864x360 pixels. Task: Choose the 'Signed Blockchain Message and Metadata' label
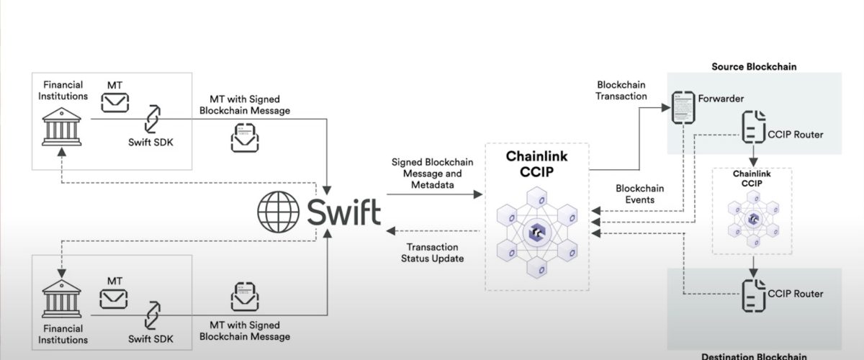pos(432,174)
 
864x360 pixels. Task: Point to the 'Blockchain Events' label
pos(639,194)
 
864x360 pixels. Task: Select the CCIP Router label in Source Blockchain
pos(796,135)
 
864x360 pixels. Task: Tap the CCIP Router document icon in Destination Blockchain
pos(752,293)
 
